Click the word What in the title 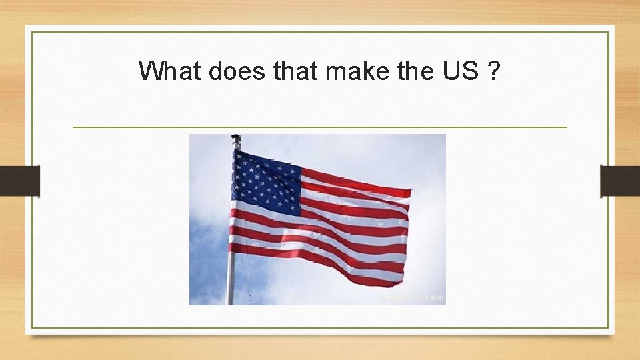pyautogui.click(x=169, y=71)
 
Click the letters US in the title pyautogui.click(x=459, y=71)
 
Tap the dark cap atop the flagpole pyautogui.click(x=236, y=137)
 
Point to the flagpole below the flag pyautogui.click(x=231, y=280)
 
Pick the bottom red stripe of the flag pyautogui.click(x=320, y=264)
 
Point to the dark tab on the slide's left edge pyautogui.click(x=19, y=181)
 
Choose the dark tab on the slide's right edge pyautogui.click(x=620, y=181)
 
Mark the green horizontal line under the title pyautogui.click(x=319, y=127)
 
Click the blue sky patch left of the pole pyautogui.click(x=207, y=260)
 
